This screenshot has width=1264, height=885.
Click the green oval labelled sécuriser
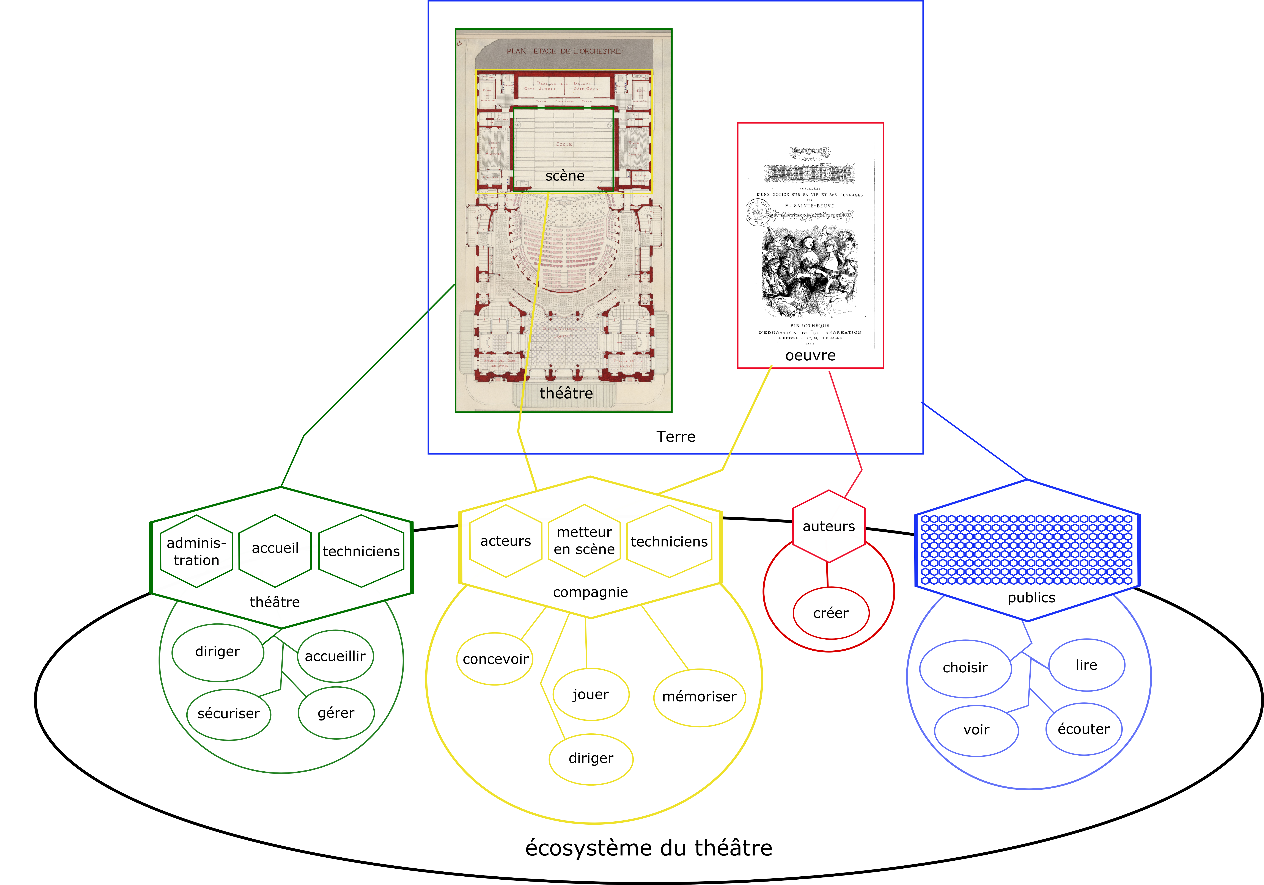228,714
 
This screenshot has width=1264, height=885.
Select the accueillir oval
335,656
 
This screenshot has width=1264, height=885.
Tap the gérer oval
336,713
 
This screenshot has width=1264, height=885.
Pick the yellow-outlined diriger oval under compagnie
591,758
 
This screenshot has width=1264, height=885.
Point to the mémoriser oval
699,697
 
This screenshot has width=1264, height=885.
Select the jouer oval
591,695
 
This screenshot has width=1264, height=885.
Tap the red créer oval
831,613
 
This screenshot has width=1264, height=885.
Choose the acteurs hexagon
505,541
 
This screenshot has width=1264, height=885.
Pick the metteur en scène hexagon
584,540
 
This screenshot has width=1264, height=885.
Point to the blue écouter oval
1083,729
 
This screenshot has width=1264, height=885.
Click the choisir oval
965,668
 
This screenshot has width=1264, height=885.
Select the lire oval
1086,665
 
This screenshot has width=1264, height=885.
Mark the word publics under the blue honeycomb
1031,598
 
